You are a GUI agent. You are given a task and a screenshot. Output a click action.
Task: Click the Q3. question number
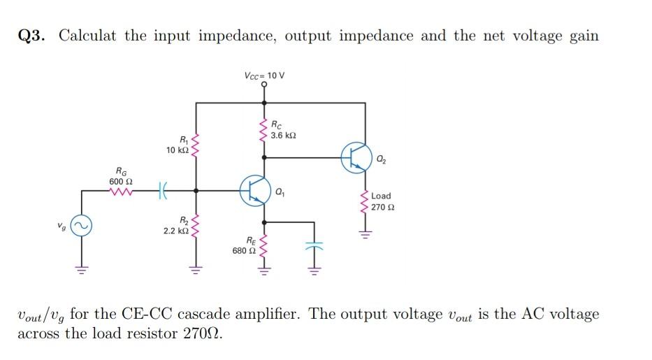32,36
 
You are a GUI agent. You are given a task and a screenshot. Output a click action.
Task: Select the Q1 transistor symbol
254,189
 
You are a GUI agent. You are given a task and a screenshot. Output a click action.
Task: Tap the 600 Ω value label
121,181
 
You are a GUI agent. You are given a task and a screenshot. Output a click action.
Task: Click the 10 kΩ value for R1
176,150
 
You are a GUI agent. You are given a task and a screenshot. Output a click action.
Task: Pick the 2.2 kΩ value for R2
175,230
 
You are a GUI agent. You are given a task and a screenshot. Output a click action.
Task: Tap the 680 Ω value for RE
244,250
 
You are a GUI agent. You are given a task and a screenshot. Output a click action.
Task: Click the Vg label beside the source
62,225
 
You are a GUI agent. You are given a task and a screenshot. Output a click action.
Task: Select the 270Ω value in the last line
203,333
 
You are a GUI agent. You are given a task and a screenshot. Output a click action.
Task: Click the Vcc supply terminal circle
264,85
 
